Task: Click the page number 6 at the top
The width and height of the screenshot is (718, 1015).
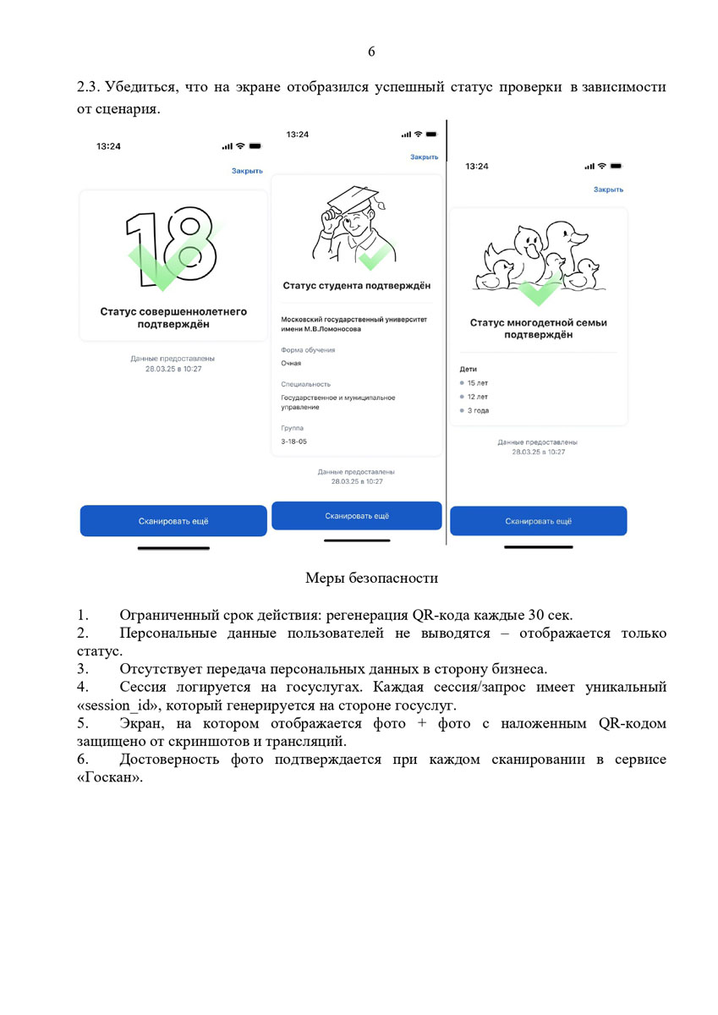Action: (371, 52)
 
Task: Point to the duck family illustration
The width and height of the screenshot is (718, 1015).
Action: (540, 259)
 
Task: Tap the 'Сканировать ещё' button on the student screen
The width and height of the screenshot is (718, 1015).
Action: (357, 515)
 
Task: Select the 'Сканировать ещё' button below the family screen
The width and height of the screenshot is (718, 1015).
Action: (539, 521)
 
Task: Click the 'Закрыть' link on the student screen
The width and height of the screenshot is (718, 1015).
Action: (424, 157)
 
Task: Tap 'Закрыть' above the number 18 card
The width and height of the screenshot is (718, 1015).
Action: (247, 171)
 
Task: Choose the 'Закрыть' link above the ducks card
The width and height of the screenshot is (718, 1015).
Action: (608, 189)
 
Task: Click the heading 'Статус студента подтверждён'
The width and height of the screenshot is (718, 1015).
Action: (356, 286)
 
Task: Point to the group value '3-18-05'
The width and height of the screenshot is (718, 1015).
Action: (293, 442)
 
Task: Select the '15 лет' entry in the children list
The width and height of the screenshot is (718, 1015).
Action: (477, 383)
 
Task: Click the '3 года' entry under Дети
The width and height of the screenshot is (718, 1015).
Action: (478, 410)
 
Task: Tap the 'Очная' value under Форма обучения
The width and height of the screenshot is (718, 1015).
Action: (291, 363)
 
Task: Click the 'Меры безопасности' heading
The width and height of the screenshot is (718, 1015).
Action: (371, 579)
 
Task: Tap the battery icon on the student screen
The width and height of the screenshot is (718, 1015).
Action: (431, 134)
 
